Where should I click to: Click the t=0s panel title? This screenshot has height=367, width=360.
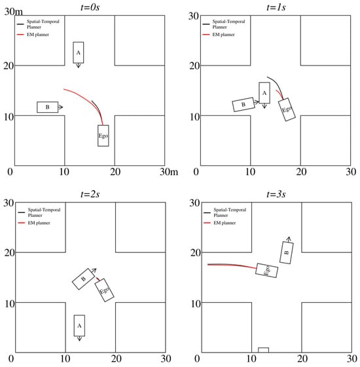pos(90,7)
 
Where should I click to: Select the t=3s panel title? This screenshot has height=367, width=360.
pos(276,194)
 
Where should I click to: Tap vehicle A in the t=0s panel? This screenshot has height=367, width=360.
pos(79,52)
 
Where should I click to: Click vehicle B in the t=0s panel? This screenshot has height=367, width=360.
pos(47,107)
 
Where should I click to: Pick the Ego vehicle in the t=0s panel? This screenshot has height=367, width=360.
pos(103,136)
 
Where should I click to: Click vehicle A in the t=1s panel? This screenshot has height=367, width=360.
pos(264,93)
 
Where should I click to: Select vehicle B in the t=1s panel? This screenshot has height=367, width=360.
pos(243,104)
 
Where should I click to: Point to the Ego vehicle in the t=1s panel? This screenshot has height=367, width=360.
pos(287,109)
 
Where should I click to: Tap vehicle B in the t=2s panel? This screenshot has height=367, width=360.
pos(83,279)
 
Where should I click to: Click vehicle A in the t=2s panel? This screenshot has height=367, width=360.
pos(79,326)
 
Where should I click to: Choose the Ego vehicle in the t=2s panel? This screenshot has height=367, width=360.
pos(104,290)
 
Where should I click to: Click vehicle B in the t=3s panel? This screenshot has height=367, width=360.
pos(287,252)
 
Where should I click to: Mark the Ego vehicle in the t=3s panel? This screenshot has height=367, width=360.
pos(267,270)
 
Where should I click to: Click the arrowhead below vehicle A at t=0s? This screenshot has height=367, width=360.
pos(79,66)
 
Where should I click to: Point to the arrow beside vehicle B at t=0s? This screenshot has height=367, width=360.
pos(60,107)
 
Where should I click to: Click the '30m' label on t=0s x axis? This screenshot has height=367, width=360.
pos(169,172)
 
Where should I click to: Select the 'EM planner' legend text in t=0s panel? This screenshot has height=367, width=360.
pos(38,35)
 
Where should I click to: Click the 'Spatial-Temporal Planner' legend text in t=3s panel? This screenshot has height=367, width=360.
pos(230,212)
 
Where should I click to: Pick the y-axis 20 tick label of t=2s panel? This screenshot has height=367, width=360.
pos(9,253)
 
